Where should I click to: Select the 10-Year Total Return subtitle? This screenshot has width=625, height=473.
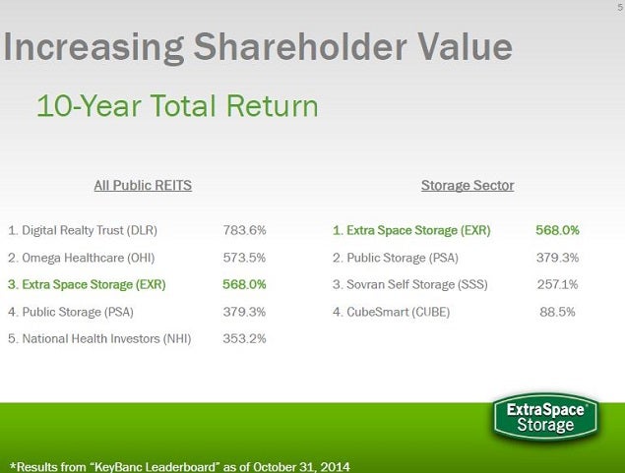coord(177,105)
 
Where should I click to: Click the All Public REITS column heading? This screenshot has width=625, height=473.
coord(142,185)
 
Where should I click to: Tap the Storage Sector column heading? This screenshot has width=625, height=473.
coord(468,185)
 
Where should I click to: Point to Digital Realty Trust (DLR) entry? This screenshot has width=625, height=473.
coord(83,230)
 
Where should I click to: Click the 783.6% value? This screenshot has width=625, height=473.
coord(245,230)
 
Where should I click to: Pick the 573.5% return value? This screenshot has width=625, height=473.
coord(245,258)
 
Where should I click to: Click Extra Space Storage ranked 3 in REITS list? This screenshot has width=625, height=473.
coord(87,284)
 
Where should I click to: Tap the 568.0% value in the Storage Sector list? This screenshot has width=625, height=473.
coord(557,230)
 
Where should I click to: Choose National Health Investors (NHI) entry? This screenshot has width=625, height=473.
coord(99,338)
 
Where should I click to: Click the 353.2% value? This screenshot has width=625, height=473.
coord(245,338)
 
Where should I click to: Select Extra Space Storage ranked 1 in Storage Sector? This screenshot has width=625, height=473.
coord(411,230)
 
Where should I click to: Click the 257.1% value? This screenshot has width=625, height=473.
coord(557,284)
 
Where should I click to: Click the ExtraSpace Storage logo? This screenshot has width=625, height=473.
coord(545,417)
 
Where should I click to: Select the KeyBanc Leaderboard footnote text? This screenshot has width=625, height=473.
coord(179,465)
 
